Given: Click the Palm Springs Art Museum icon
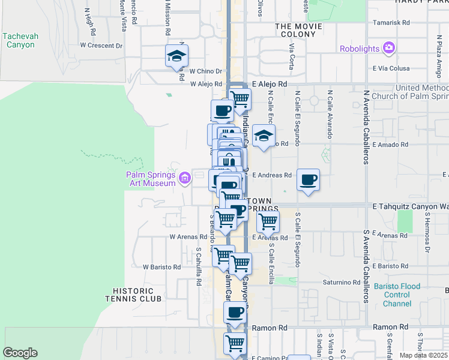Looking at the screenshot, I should click(185, 176).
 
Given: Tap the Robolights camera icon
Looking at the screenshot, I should click(389, 48).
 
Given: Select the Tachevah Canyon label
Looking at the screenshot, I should click(20, 40).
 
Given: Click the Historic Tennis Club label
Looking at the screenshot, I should click(133, 294).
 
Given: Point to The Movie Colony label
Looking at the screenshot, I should click(295, 31).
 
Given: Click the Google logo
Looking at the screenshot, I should click(20, 353).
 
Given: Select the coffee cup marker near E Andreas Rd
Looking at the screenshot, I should click(308, 179).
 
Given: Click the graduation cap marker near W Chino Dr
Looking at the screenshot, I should click(176, 56).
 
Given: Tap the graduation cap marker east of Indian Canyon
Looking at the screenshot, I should click(263, 136).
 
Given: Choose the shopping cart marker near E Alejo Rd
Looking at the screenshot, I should click(240, 98).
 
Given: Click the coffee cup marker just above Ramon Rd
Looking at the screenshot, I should click(235, 312).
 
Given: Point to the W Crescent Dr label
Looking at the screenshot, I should click(101, 46).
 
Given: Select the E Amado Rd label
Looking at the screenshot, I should click(390, 145).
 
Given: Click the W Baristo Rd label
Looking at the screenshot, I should click(161, 266).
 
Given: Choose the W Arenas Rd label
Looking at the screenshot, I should click(188, 237).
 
